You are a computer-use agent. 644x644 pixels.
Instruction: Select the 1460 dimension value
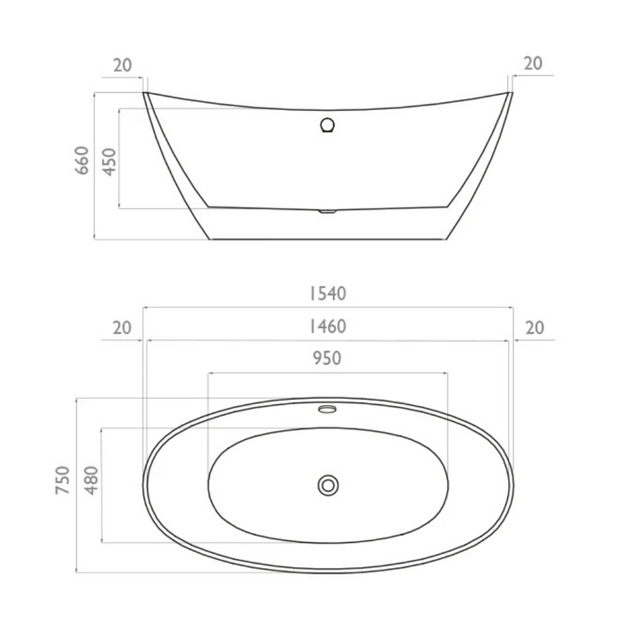327,326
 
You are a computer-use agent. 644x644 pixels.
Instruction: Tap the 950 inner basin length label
327,359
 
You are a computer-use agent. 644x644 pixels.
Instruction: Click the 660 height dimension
82,159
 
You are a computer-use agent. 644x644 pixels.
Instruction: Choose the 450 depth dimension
108,159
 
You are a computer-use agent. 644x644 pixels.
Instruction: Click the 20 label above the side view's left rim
123,64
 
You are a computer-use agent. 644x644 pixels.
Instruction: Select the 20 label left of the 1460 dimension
123,327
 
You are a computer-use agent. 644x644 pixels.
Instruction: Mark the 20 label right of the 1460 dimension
534,327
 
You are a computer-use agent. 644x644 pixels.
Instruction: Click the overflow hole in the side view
327,125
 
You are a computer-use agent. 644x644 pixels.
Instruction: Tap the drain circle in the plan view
328,485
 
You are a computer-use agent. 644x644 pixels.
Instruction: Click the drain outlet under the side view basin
327,212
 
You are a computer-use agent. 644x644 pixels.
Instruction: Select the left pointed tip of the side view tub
145,92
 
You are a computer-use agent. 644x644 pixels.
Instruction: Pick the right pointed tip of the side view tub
512,92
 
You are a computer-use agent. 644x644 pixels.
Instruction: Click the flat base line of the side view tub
327,240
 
